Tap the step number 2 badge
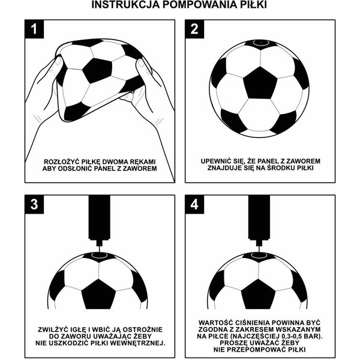coord(194,30)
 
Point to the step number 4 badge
coord(194,205)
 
